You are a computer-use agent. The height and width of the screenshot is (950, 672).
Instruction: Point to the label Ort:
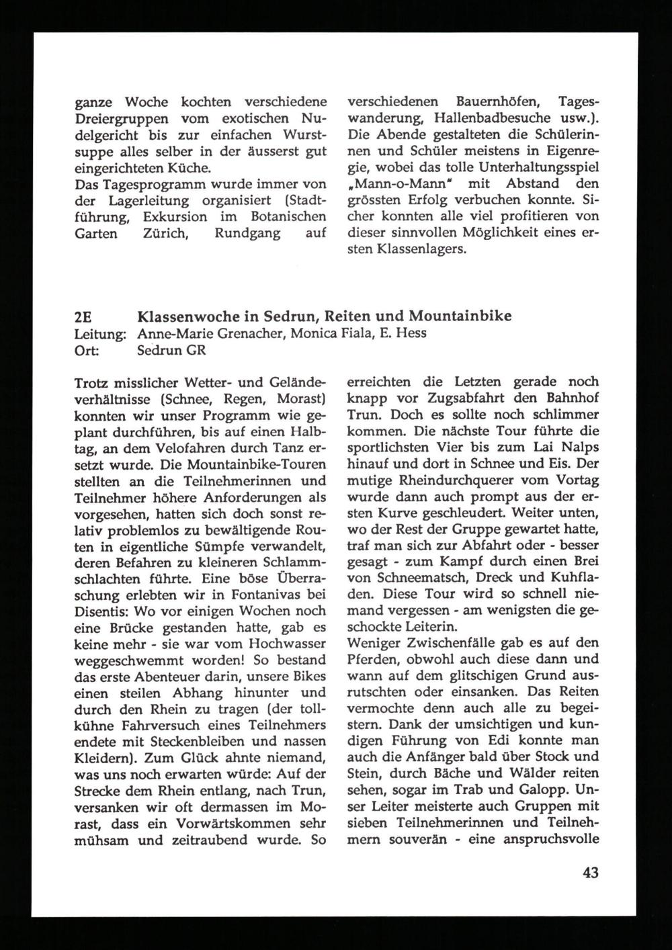point(87,350)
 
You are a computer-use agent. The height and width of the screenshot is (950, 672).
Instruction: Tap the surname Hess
point(411,333)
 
